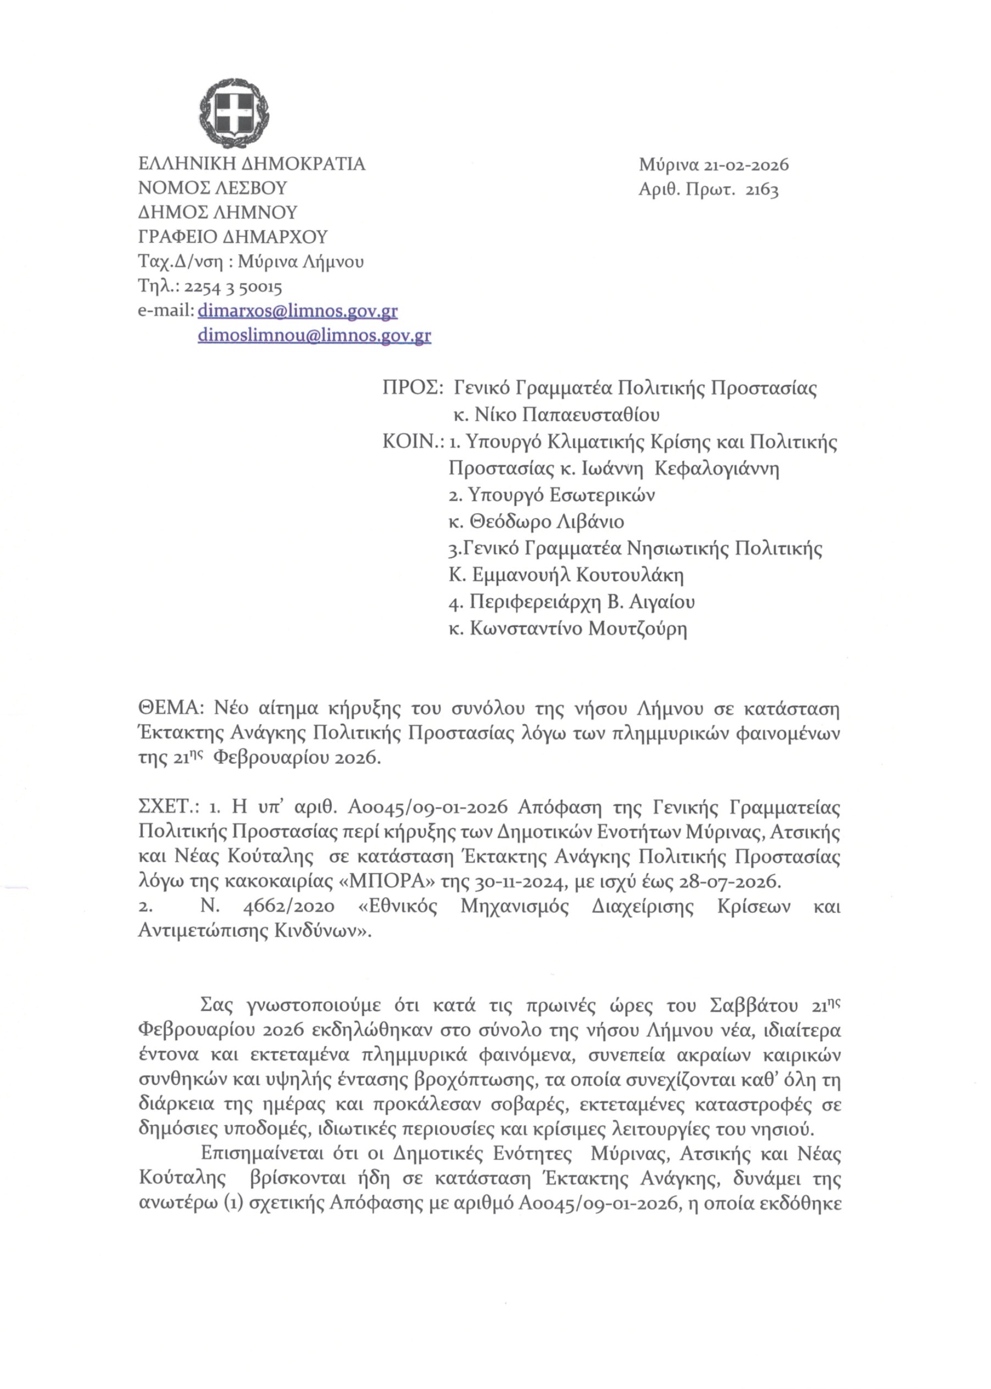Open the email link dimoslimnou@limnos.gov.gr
(x=314, y=336)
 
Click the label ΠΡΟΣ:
(x=413, y=388)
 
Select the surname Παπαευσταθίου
(x=590, y=415)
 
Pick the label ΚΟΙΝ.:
(x=413, y=442)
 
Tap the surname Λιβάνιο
(x=589, y=522)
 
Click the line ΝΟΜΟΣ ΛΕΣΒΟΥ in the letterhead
(x=213, y=188)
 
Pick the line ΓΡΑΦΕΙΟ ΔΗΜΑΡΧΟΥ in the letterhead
(x=233, y=237)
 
